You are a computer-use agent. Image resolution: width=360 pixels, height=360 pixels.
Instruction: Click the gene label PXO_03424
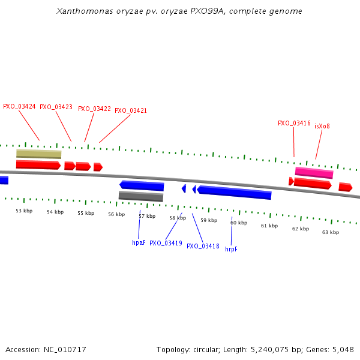pyautogui.click(x=19, y=106)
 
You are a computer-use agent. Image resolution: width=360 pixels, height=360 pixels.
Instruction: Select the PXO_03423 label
pyautogui.click(x=56, y=107)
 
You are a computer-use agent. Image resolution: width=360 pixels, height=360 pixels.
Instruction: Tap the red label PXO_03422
pyautogui.click(x=94, y=109)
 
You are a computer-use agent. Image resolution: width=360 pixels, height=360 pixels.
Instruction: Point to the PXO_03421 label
pyautogui.click(x=131, y=110)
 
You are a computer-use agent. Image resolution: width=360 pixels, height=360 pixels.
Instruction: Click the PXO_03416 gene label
pyautogui.click(x=294, y=123)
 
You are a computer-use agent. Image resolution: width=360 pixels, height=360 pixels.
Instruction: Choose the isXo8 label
pyautogui.click(x=322, y=126)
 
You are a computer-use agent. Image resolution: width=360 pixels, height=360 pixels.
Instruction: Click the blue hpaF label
pyautogui.click(x=139, y=243)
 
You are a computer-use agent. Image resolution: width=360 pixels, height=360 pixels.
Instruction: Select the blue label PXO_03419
pyautogui.click(x=166, y=243)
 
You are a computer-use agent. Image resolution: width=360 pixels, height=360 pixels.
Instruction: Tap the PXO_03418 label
pyautogui.click(x=203, y=246)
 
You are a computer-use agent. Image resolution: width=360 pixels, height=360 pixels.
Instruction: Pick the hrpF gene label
pyautogui.click(x=231, y=249)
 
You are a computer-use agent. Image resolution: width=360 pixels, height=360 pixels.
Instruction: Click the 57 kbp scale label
pyautogui.click(x=147, y=216)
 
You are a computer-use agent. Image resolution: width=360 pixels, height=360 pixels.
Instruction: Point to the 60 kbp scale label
pyautogui.click(x=239, y=223)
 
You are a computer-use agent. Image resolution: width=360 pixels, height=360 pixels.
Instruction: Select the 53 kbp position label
pyautogui.click(x=24, y=211)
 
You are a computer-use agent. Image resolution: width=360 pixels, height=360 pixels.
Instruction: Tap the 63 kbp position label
pyautogui.click(x=331, y=232)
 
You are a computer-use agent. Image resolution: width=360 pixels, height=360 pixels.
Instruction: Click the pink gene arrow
pyautogui.click(x=314, y=173)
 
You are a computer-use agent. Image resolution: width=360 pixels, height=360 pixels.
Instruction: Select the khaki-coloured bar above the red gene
pyautogui.click(x=38, y=154)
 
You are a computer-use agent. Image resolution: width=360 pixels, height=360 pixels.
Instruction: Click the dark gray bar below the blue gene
pyautogui.click(x=141, y=196)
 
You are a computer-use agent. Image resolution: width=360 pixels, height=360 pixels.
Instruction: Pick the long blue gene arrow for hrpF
pyautogui.click(x=235, y=193)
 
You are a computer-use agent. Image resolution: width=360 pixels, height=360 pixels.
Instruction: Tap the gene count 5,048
pyautogui.click(x=342, y=349)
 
